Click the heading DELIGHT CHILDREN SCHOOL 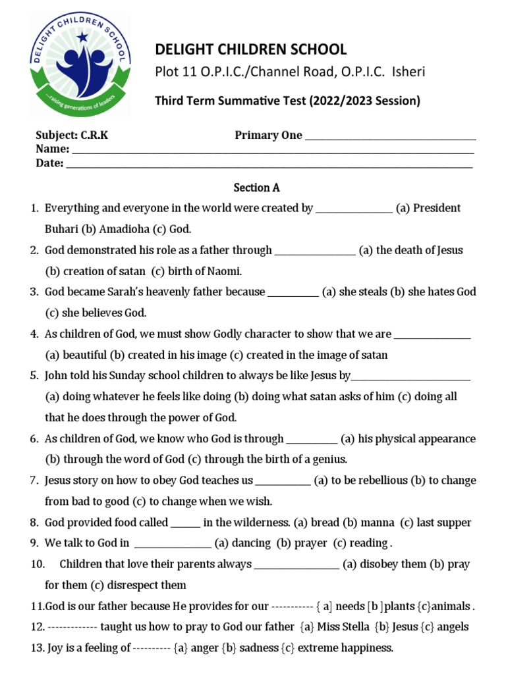(250, 49)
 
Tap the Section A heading (256, 188)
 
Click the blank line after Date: (269, 165)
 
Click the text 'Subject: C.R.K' (72, 135)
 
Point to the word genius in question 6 (328, 459)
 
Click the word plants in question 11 (400, 606)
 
